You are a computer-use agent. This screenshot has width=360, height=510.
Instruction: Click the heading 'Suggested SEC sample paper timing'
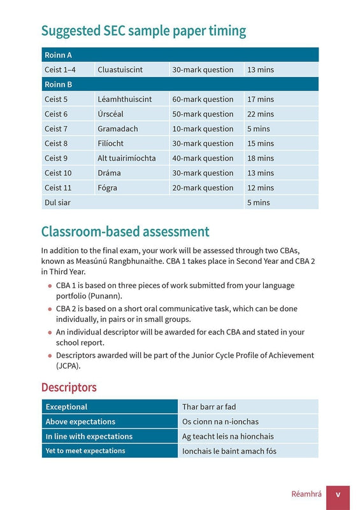pyautogui.click(x=143, y=31)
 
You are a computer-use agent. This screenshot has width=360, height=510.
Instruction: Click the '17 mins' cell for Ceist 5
pyautogui.click(x=260, y=99)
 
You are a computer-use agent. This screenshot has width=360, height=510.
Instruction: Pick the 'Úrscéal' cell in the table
pyautogui.click(x=109, y=114)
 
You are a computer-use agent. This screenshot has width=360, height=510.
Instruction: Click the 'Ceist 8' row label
pyautogui.click(x=55, y=143)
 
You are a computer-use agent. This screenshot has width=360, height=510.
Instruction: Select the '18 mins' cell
pyautogui.click(x=260, y=158)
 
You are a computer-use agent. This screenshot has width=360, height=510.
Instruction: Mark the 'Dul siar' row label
pyautogui.click(x=57, y=202)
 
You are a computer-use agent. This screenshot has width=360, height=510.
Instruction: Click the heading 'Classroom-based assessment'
pyautogui.click(x=125, y=231)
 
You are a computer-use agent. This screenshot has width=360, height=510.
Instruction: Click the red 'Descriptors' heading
pyautogui.click(x=69, y=388)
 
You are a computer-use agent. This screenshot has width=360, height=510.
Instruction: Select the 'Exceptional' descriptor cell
pyautogui.click(x=66, y=407)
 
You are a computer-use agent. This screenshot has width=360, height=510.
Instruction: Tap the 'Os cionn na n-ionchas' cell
pyautogui.click(x=220, y=421)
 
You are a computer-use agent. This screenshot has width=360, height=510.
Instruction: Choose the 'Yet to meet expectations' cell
pyautogui.click(x=85, y=451)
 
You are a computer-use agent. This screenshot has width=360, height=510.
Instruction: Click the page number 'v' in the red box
pyautogui.click(x=338, y=494)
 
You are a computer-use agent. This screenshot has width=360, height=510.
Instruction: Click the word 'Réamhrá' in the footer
pyautogui.click(x=305, y=494)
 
